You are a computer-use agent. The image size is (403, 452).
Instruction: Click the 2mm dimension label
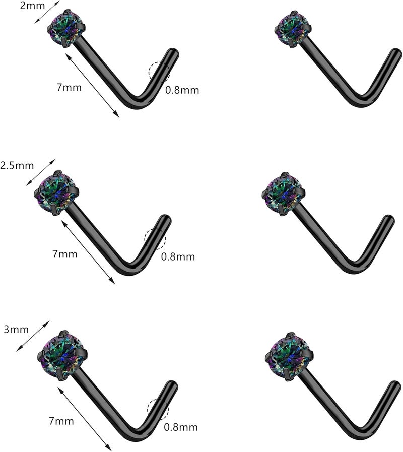click(x=32, y=6)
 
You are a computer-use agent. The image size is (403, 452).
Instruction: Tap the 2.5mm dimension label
click(x=17, y=166)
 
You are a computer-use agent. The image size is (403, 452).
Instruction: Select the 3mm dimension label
click(x=16, y=329)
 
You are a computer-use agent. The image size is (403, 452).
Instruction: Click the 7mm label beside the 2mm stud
click(x=69, y=87)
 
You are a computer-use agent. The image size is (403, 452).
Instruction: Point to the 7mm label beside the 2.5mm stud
click(x=65, y=254)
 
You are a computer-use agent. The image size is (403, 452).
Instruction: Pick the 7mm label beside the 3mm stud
click(x=61, y=421)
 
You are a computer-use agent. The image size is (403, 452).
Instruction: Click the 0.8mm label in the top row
click(x=182, y=90)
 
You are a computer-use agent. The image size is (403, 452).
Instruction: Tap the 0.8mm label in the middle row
click(x=178, y=256)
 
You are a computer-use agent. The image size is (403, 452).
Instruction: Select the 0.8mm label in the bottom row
click(x=181, y=427)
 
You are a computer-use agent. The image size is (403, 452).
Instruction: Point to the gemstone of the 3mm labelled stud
click(x=62, y=356)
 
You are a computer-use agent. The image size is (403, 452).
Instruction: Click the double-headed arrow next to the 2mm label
click(x=47, y=12)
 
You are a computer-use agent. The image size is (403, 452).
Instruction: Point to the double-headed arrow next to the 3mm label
click(x=33, y=336)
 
